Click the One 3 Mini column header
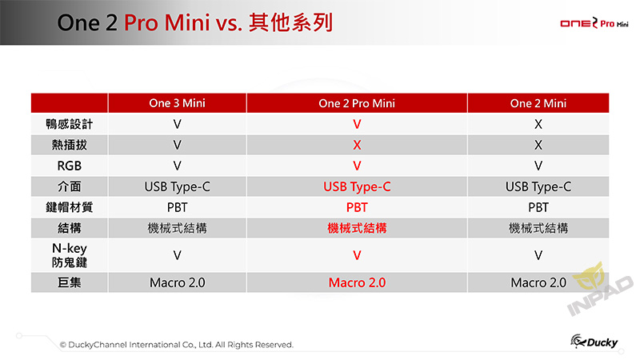177,103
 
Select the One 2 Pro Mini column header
357,103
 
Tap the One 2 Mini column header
538,103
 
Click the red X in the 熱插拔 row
357,145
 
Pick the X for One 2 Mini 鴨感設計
538,124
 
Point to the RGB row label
70,166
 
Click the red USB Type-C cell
357,187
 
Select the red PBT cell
357,207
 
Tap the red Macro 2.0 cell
357,282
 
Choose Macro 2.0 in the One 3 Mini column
177,282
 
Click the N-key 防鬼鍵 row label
70,255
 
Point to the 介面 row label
70,186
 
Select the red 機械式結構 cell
357,228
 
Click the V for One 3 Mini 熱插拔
177,145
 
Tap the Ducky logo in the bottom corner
594,342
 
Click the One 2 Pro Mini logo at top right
594,23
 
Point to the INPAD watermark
600,290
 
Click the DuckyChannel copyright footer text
176,345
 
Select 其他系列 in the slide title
291,22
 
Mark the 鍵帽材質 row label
70,207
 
